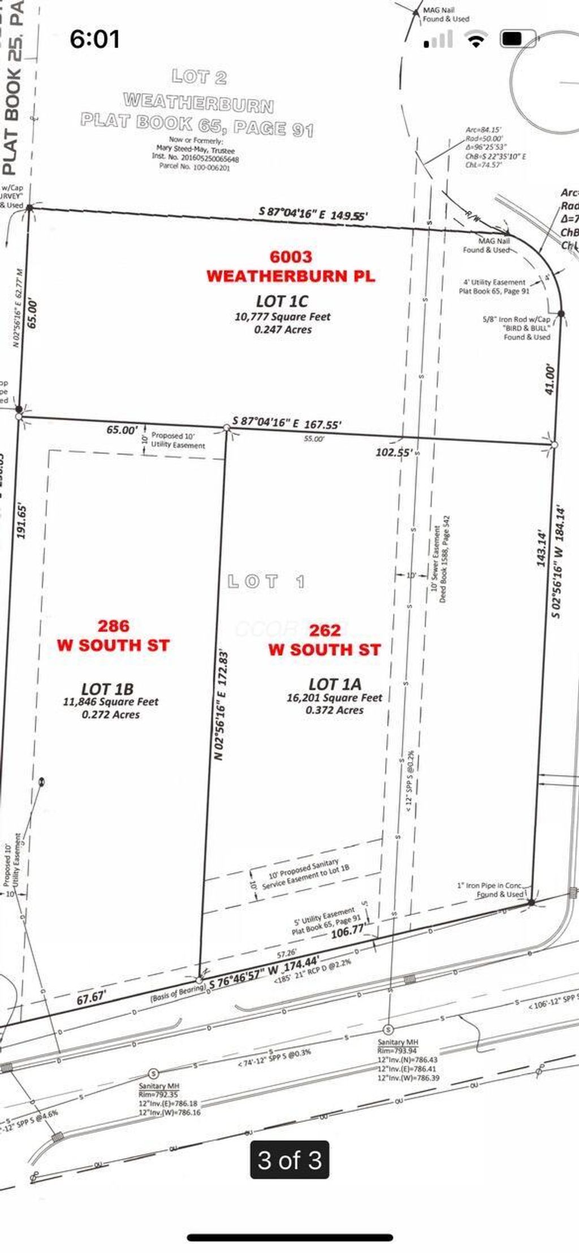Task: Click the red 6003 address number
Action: coord(291,257)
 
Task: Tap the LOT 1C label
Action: coord(282,301)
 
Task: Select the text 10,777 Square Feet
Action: coord(282,317)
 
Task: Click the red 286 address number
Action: coord(113,625)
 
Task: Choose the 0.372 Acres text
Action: coord(334,710)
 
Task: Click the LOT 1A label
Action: coord(335,684)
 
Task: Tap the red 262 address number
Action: coord(325,630)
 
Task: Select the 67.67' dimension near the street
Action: coord(91,998)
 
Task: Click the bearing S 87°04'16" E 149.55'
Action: coord(313,214)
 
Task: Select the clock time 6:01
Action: coord(94,39)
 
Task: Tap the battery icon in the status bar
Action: coord(512,38)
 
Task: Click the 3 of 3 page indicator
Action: coord(289,1160)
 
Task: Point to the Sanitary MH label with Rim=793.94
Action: coord(398,1042)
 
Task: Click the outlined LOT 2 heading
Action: coord(199,76)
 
